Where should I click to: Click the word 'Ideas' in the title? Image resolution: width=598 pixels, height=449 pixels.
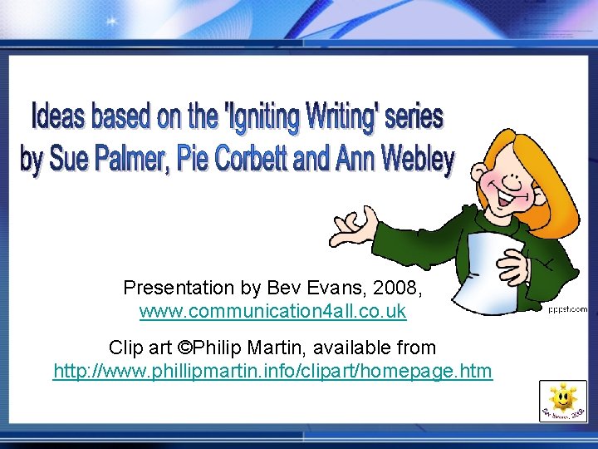pos(58,116)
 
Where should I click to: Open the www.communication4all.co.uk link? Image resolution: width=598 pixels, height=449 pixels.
pos(272,312)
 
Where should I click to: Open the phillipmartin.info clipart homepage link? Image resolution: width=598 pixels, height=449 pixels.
pos(272,371)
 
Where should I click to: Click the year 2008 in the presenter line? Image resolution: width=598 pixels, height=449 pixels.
pos(399,288)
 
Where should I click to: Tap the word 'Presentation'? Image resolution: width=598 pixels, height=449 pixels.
pos(179,288)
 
